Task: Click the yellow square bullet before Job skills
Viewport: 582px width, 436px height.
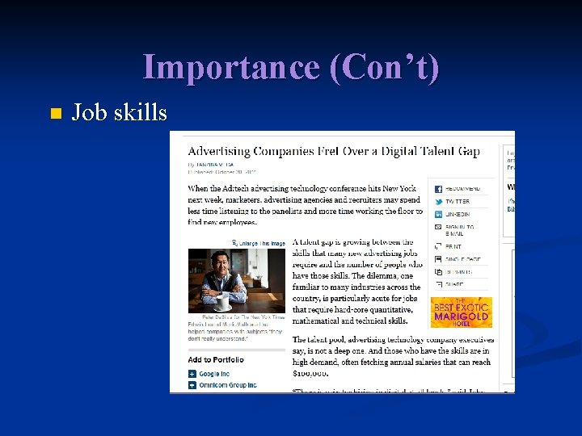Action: [x=55, y=113]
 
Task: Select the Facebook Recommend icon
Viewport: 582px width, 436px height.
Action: [x=439, y=188]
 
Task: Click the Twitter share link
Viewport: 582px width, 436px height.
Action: [x=456, y=201]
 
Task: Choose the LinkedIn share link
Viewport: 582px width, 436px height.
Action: [x=456, y=214]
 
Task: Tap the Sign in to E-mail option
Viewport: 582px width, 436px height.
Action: [x=458, y=230]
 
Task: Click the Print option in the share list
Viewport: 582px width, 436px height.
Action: [x=453, y=245]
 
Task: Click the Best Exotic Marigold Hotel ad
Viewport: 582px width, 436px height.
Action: [x=462, y=312]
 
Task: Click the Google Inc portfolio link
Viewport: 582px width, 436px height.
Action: [x=213, y=374]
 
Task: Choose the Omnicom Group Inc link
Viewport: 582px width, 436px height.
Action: [x=227, y=385]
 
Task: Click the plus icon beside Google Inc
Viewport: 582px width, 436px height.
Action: [x=192, y=374]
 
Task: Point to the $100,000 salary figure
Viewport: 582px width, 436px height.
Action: [x=310, y=373]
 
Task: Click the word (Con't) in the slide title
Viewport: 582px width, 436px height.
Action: [x=384, y=67]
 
